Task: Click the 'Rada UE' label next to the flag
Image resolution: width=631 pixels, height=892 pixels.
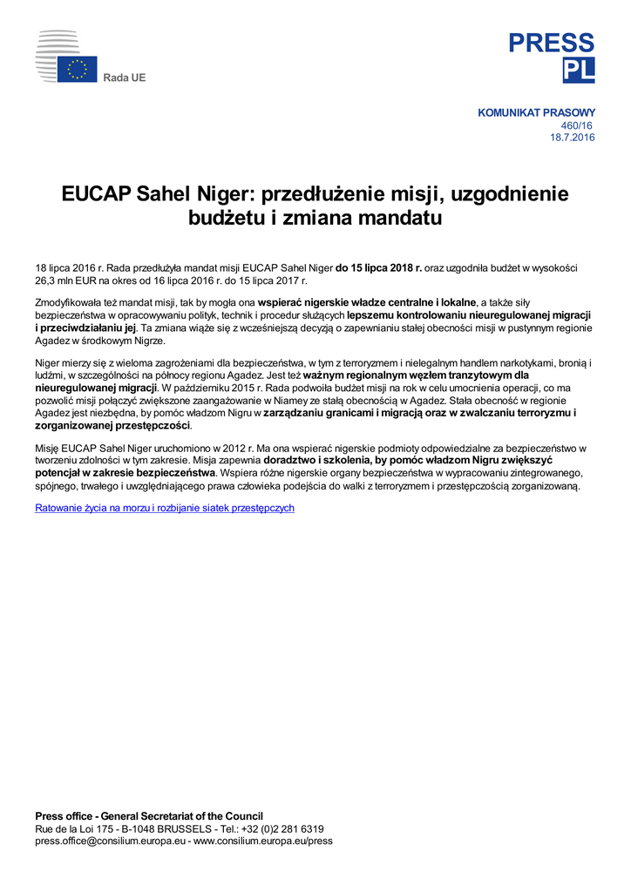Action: (x=125, y=78)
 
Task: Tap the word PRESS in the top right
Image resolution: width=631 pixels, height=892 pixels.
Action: (x=552, y=43)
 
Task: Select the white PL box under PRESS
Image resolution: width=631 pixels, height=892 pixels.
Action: (x=579, y=71)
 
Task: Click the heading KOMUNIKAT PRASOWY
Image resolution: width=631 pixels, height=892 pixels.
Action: (x=536, y=112)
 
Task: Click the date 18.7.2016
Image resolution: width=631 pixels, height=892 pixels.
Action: (x=572, y=138)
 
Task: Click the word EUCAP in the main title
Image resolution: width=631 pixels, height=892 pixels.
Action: (x=96, y=193)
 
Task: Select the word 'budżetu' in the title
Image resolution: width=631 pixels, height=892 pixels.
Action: (x=223, y=218)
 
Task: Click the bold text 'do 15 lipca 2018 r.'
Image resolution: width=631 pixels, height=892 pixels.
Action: (x=378, y=268)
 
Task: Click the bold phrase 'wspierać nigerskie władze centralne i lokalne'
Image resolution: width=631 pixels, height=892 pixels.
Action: (x=367, y=302)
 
